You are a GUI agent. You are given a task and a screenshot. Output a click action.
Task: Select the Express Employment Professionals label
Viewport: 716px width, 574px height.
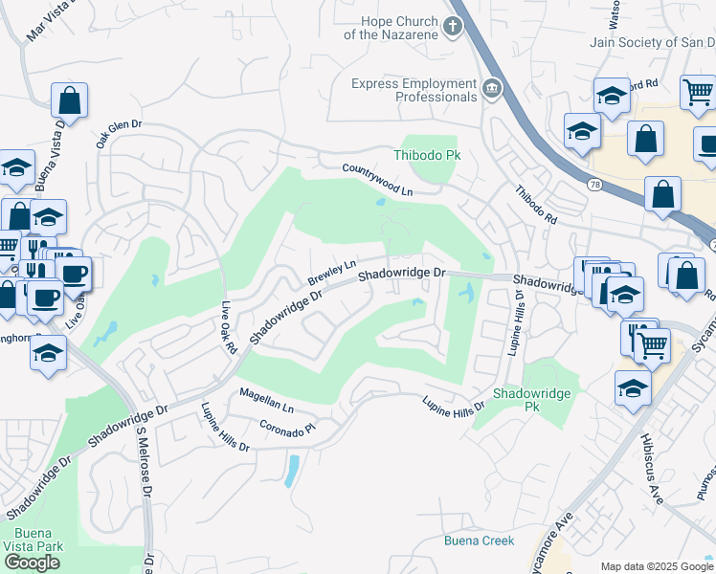pyautogui.click(x=414, y=90)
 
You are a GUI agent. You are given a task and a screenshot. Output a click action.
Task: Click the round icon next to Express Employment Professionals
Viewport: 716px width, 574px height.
pyautogui.click(x=492, y=90)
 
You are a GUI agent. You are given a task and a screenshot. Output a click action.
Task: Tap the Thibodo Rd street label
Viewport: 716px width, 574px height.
pyautogui.click(x=536, y=205)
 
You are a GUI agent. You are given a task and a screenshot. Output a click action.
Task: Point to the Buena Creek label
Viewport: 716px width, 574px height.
pyautogui.click(x=479, y=541)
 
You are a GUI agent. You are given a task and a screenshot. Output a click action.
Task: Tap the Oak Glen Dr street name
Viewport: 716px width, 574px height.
pyautogui.click(x=118, y=133)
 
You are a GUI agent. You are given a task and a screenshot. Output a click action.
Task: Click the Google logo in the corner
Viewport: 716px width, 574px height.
pyautogui.click(x=32, y=563)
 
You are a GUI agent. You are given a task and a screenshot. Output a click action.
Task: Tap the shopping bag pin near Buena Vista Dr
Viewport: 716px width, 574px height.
pyautogui.click(x=69, y=100)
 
